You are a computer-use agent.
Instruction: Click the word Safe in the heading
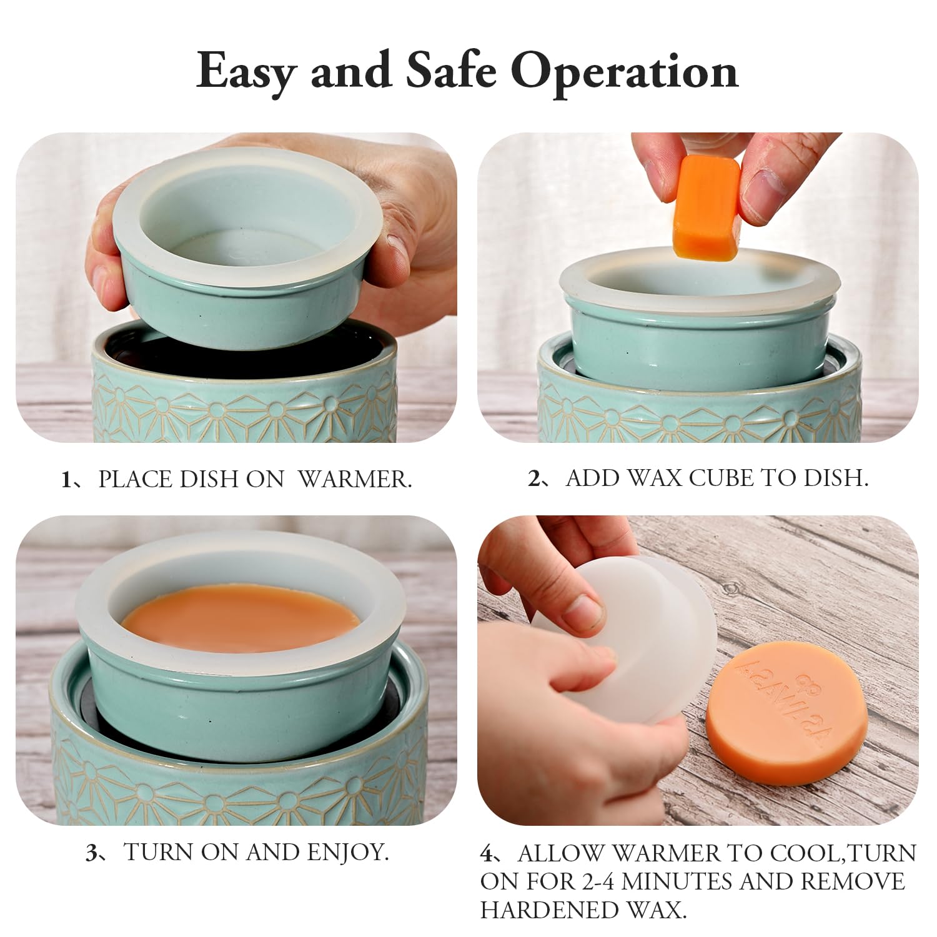pyautogui.click(x=450, y=70)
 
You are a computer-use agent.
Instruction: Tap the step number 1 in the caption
pyautogui.click(x=67, y=479)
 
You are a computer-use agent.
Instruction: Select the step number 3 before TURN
pyautogui.click(x=91, y=852)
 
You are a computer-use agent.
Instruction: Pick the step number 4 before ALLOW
pyautogui.click(x=487, y=853)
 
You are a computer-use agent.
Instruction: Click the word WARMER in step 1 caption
pyautogui.click(x=355, y=479)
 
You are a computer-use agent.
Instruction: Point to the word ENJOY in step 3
pyautogui.click(x=347, y=852)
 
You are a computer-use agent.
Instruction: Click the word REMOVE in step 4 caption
pyautogui.click(x=853, y=881)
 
